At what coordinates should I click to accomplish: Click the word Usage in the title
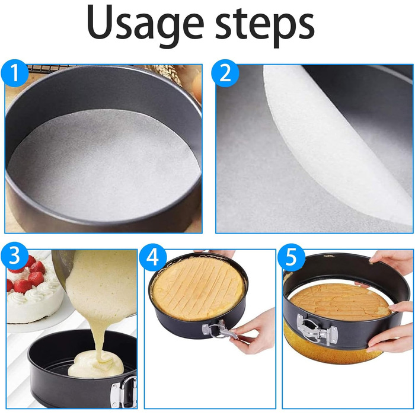[145, 24]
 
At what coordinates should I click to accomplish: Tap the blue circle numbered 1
[15, 73]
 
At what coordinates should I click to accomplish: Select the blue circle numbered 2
[225, 73]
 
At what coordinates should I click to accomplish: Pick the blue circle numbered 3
[15, 256]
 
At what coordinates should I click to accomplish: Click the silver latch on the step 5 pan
[317, 330]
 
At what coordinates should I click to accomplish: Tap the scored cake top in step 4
[199, 289]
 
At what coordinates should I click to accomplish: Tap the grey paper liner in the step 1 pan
[104, 164]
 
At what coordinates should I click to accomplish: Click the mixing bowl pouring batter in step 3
[63, 267]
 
